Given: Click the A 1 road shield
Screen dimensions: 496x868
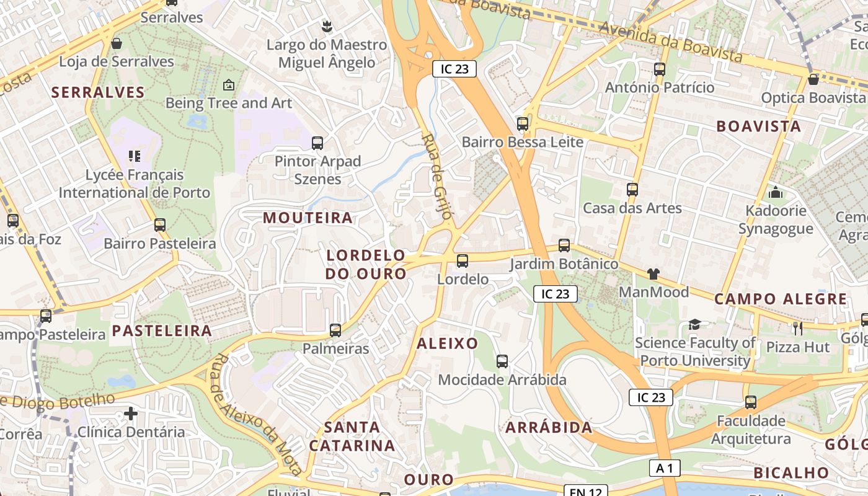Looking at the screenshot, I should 664,468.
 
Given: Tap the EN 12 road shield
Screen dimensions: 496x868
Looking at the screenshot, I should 585,492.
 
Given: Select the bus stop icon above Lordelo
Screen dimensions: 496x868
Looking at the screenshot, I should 462,261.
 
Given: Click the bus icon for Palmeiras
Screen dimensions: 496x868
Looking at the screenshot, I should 335,330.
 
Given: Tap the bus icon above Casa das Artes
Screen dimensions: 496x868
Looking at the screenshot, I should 632,190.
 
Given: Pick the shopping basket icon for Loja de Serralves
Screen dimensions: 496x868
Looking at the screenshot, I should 116,43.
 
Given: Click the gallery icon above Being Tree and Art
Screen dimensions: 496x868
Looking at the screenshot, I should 229,85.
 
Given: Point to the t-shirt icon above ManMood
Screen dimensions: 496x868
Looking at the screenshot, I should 653,273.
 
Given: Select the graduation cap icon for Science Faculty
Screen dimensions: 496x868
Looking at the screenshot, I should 694,324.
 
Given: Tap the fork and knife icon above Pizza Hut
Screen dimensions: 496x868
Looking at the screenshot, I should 797,328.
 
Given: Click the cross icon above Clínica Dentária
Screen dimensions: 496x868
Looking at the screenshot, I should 130,413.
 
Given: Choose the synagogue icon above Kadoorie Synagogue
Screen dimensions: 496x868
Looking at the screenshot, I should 776,192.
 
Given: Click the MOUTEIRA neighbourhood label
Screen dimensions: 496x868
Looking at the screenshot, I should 308,218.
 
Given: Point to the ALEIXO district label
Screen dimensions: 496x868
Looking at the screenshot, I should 447,343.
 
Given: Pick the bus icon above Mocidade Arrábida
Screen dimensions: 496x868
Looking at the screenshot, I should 502,361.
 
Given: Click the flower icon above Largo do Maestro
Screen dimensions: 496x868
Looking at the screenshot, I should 327,26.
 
